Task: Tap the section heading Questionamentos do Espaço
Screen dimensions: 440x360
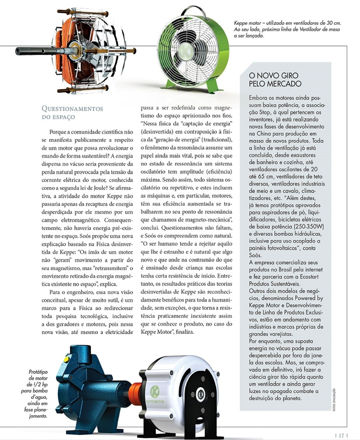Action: point(72,112)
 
